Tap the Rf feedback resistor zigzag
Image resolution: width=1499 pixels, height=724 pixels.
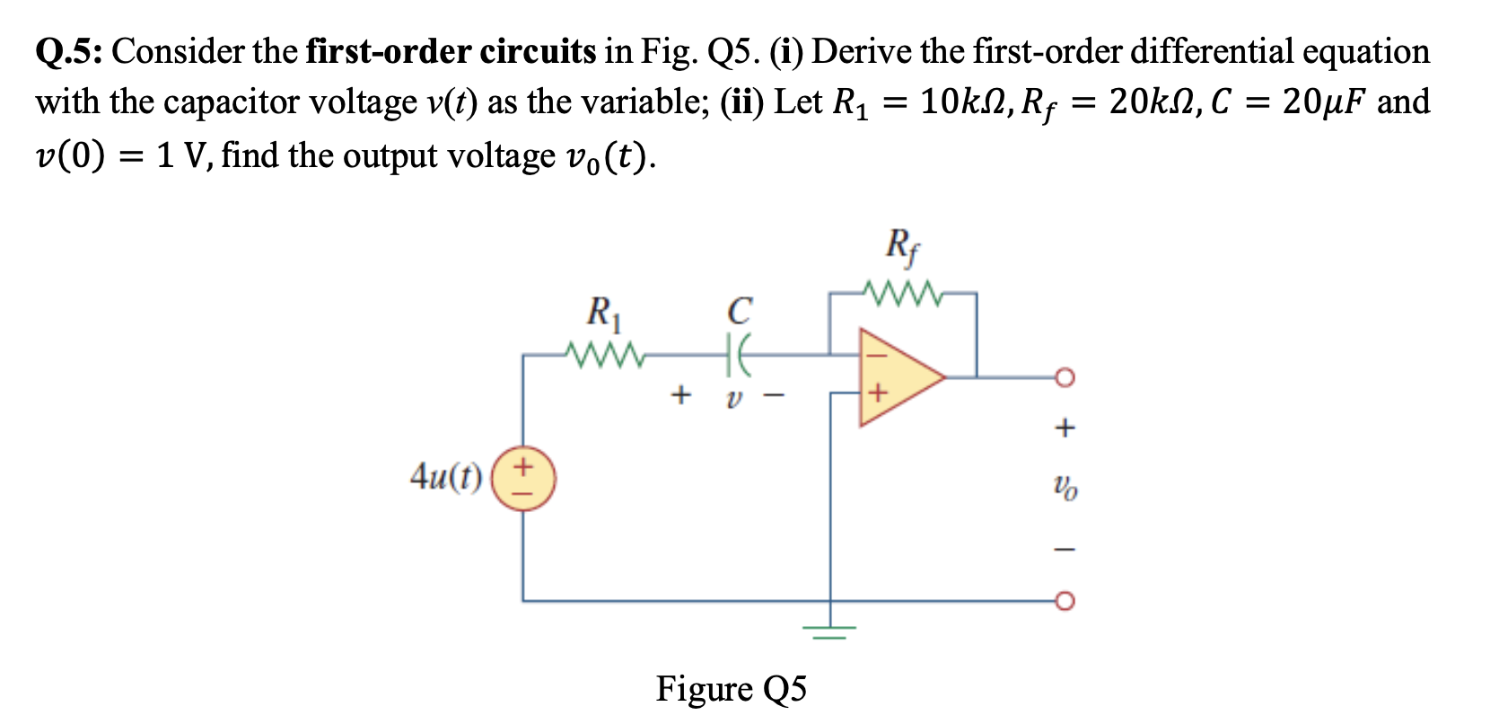902,293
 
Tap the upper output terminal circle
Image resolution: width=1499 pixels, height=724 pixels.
1064,377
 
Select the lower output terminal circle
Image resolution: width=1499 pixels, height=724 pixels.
1064,600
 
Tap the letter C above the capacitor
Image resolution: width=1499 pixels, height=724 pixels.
739,312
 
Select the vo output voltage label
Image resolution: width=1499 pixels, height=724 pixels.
1065,488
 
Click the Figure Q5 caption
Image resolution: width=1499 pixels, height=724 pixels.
731,689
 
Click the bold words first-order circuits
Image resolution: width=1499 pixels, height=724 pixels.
451,51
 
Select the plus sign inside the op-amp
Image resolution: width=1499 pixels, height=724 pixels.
877,393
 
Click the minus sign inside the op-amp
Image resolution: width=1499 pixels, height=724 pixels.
877,355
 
